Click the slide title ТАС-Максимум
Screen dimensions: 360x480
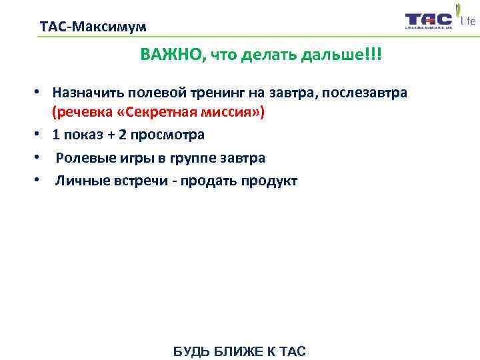[x=93, y=27]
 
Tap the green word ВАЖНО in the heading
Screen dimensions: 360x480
[x=173, y=55]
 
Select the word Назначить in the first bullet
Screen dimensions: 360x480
[x=86, y=92]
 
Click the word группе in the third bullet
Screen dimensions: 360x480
[x=199, y=158]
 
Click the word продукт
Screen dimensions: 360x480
[x=271, y=181]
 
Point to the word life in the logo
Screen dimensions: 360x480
[x=467, y=21]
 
